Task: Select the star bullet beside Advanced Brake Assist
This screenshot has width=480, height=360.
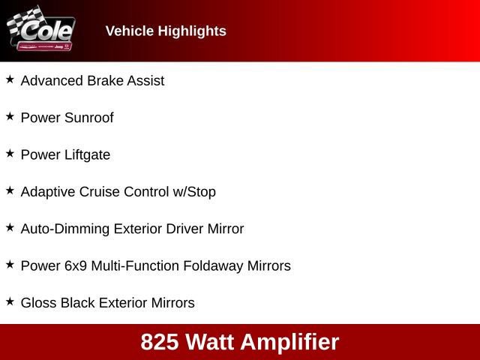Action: tap(10, 79)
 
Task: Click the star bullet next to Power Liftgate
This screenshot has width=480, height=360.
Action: tap(10, 154)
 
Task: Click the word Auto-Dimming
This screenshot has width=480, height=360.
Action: tap(64, 229)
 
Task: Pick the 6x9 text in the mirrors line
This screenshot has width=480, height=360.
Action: tap(74, 266)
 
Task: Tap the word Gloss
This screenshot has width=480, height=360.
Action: tap(38, 303)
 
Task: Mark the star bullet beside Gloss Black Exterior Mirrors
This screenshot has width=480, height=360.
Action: tap(10, 301)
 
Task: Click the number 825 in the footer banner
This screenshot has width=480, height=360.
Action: tap(159, 342)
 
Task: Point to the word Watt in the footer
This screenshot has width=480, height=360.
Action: tap(211, 342)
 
